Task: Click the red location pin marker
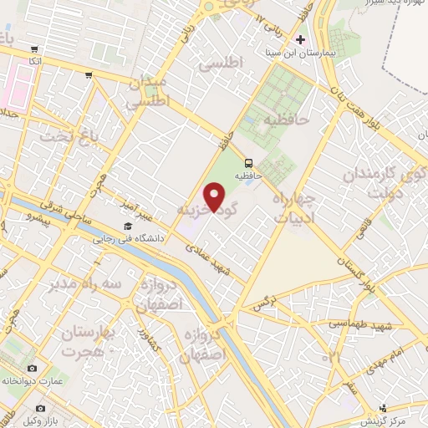(x=216, y=198)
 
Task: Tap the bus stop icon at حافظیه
(x=248, y=163)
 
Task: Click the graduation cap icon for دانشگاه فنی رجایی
(x=128, y=227)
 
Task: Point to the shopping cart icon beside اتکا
(x=33, y=49)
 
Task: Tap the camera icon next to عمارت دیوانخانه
(x=32, y=369)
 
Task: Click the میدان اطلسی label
(x=150, y=92)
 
